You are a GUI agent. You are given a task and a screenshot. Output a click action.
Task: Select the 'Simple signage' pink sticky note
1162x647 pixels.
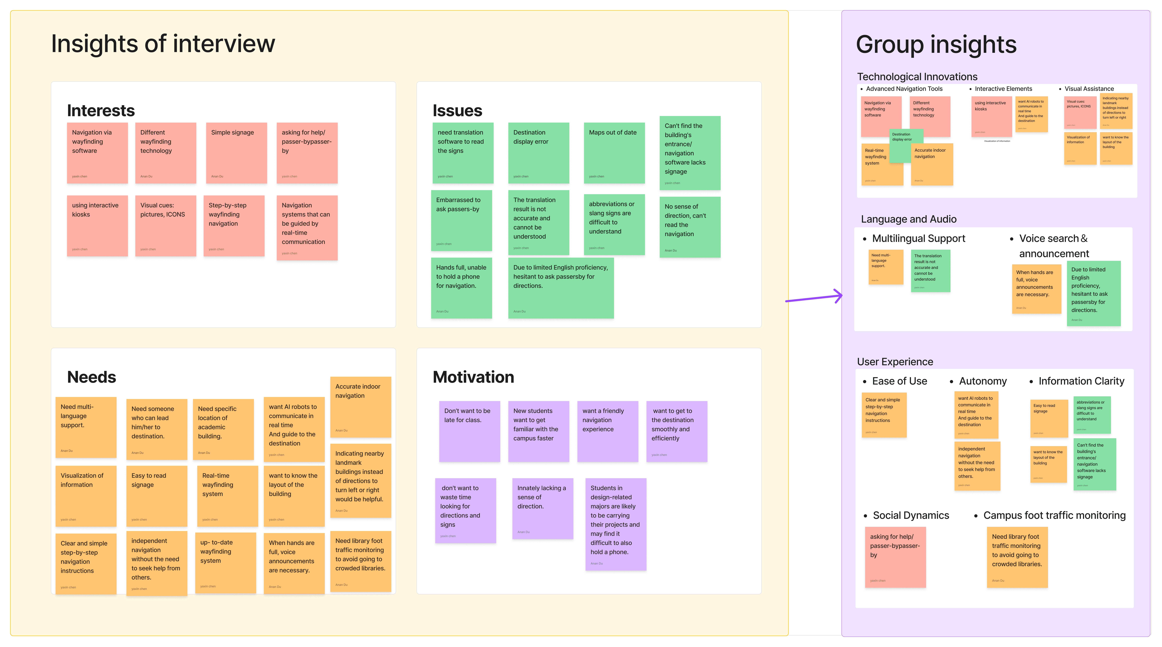[x=236, y=153]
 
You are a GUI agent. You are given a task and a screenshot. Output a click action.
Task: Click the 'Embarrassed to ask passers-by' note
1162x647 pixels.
[x=461, y=220]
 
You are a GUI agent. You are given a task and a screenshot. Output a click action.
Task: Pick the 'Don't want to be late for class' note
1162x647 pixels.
[x=469, y=431]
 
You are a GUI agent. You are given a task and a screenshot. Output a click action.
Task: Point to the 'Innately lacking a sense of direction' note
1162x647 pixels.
[x=542, y=508]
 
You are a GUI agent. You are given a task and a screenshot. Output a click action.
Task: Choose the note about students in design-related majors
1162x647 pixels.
[x=615, y=524]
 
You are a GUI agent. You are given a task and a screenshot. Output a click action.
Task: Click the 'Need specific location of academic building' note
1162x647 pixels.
[x=223, y=429]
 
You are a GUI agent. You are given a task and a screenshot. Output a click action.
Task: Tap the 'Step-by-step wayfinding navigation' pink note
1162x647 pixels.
[x=234, y=225]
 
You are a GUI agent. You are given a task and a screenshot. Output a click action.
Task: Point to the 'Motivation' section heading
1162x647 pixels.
[x=473, y=377]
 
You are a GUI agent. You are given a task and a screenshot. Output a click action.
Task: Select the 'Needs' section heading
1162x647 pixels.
[x=92, y=377]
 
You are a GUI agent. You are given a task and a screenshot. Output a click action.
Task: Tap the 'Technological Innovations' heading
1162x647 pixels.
[x=917, y=77]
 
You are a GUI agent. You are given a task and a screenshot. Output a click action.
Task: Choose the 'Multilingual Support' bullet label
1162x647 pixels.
[x=918, y=238]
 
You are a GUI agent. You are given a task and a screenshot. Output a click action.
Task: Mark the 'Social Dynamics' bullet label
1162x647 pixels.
[x=911, y=515]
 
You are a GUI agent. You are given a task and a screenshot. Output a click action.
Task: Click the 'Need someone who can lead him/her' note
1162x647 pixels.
[x=156, y=429]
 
